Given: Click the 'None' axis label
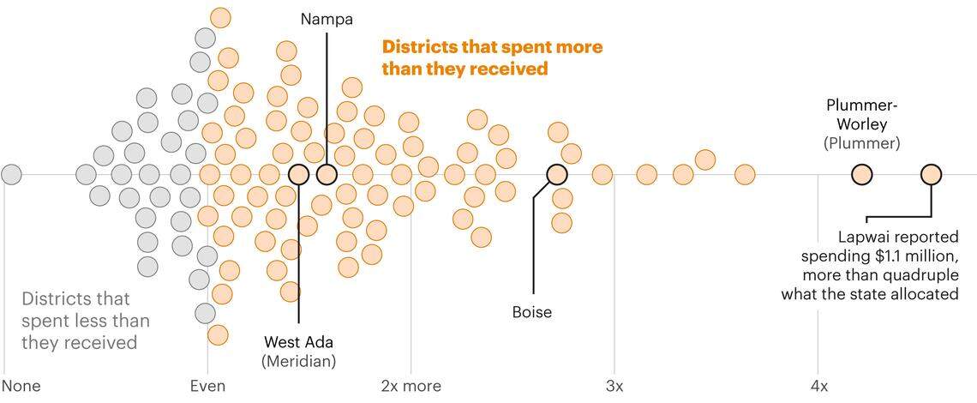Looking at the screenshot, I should [x=21, y=386].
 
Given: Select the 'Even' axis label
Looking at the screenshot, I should [x=207, y=386].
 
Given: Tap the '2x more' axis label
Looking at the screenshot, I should [x=411, y=386].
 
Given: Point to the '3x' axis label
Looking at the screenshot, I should [x=614, y=386].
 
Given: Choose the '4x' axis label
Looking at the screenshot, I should [x=818, y=386].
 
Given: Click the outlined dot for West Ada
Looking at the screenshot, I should [x=298, y=174].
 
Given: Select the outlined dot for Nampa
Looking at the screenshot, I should [x=327, y=174].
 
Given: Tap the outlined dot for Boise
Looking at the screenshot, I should [x=557, y=174].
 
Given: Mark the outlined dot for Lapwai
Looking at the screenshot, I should [x=931, y=175].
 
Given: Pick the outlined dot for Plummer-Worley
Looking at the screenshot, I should [x=861, y=175].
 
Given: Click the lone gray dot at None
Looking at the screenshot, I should [x=11, y=174].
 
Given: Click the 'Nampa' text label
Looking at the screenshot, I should [x=327, y=19].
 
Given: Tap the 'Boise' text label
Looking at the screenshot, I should [x=531, y=312].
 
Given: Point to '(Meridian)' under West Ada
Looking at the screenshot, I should [x=298, y=361].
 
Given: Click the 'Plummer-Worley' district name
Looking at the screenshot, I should [x=861, y=115].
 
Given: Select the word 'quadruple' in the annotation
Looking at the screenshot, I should [x=914, y=275].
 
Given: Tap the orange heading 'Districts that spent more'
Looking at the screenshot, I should [x=492, y=46].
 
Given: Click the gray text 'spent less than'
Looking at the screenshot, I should [x=85, y=321].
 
